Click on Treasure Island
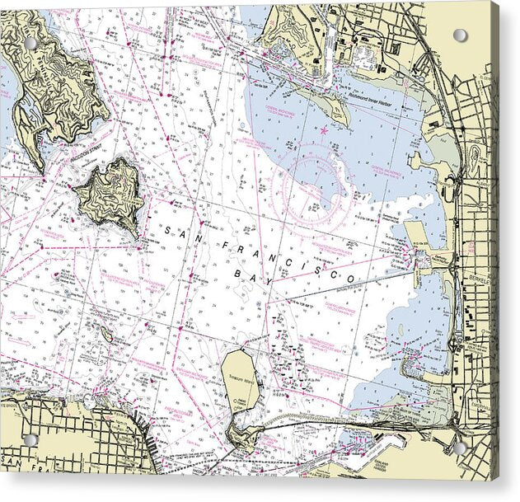point(241,379)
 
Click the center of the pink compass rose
point(322,185)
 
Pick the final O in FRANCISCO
point(350,281)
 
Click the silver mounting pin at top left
point(30,42)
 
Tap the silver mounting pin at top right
point(460,35)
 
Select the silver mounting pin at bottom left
point(30,440)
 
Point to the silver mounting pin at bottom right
point(460,448)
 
